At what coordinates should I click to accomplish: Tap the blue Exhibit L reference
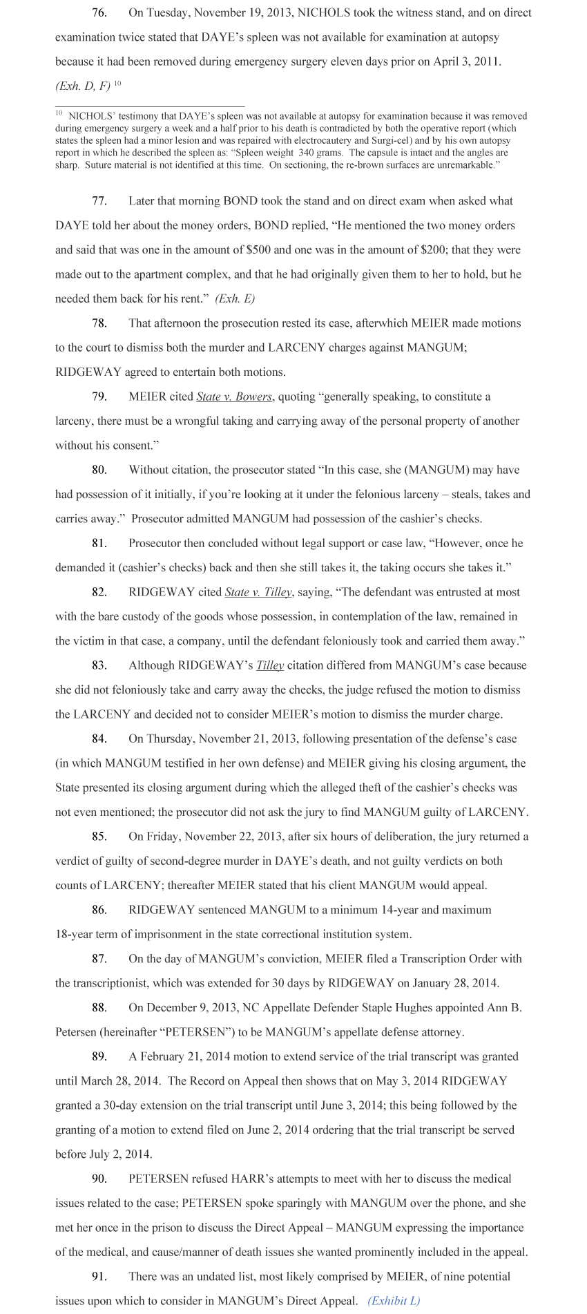(394, 1301)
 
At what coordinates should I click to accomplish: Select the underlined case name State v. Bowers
(234, 397)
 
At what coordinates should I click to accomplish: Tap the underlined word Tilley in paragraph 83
(270, 665)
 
